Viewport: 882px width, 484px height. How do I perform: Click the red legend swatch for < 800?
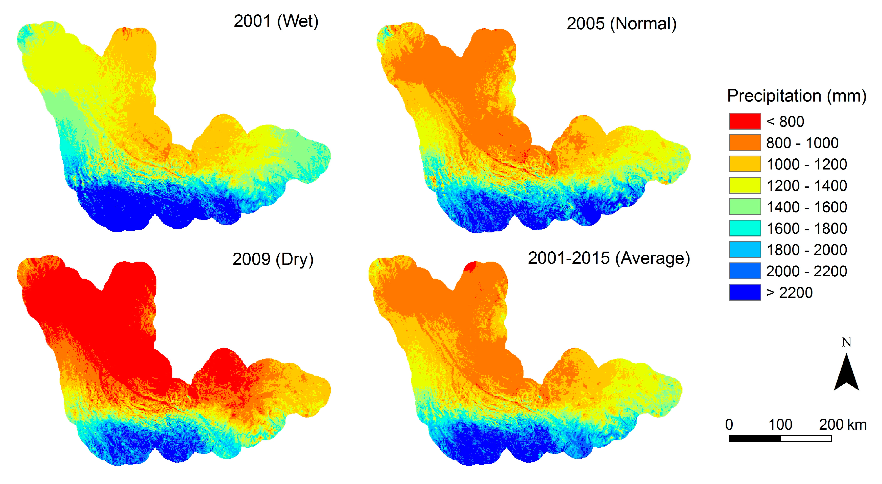[x=745, y=121]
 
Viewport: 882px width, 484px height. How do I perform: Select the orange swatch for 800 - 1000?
[x=745, y=143]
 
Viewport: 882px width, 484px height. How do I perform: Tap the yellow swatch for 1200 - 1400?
[x=745, y=185]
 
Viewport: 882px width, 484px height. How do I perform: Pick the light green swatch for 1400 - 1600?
[x=745, y=207]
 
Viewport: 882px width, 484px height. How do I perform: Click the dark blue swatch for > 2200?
[x=745, y=292]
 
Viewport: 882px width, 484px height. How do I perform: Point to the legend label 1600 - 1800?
[x=806, y=228]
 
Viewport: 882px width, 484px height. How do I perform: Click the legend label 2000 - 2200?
[x=806, y=271]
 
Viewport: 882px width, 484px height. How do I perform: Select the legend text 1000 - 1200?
[x=806, y=164]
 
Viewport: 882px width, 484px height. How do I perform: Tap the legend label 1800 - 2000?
[x=806, y=250]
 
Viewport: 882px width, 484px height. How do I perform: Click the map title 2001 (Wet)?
[x=276, y=21]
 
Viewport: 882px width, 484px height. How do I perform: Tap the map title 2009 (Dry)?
[x=273, y=259]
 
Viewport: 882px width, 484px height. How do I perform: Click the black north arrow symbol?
[x=846, y=375]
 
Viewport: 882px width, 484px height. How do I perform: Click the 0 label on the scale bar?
[x=729, y=424]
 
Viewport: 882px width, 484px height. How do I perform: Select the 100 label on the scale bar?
[x=780, y=424]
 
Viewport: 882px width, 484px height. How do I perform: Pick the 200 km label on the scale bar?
[x=843, y=424]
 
